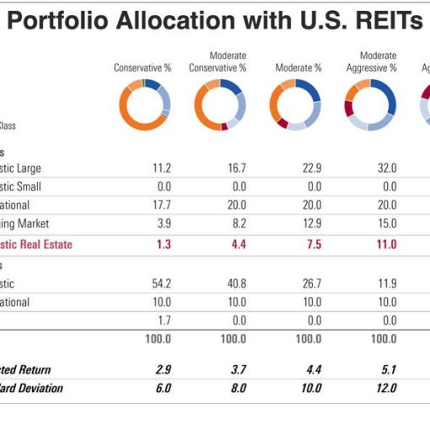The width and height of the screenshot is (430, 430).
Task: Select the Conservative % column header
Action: (x=142, y=67)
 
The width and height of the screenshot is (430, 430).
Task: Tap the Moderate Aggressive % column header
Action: (x=372, y=62)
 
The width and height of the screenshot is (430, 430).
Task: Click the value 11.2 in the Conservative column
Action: (x=159, y=168)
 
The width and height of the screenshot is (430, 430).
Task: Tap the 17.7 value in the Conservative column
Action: (x=159, y=205)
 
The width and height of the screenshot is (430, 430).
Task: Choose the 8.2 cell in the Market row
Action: (x=236, y=223)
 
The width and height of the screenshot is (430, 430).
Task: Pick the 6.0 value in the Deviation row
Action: (x=161, y=389)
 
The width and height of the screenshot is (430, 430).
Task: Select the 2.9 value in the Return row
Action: (x=161, y=369)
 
